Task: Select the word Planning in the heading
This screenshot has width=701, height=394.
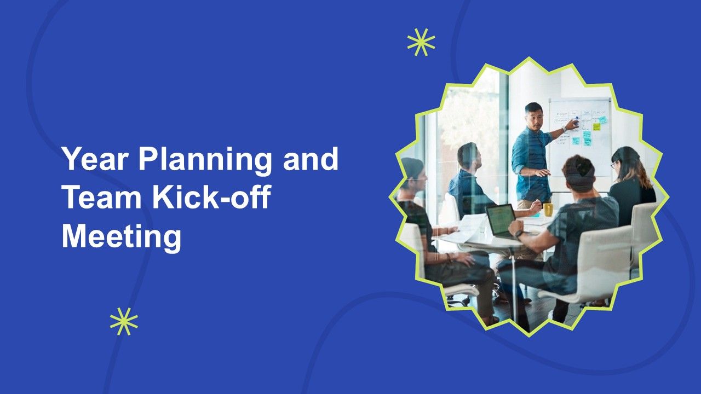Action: (205, 160)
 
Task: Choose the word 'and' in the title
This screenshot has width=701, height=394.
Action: (311, 159)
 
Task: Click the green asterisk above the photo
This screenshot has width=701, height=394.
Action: (421, 42)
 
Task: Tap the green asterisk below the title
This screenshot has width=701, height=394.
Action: (124, 321)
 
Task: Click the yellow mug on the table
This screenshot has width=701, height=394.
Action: (548, 210)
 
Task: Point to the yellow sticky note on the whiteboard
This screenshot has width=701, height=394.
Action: (596, 127)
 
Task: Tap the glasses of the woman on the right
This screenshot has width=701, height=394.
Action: (614, 164)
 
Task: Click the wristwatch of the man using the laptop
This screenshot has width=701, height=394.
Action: (519, 234)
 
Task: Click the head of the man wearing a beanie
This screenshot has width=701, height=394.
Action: (578, 173)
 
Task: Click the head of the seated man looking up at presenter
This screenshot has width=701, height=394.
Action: (469, 157)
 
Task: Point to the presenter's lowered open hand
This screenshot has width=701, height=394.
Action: (542, 172)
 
